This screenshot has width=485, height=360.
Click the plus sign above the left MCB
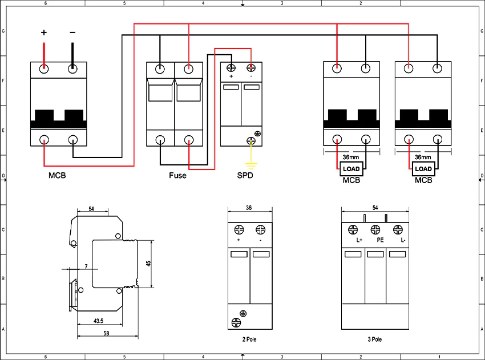click(x=44, y=32)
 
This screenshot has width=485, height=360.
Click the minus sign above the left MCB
click(x=72, y=32)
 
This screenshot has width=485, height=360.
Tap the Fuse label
click(x=177, y=175)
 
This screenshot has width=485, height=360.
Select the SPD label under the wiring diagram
click(x=245, y=175)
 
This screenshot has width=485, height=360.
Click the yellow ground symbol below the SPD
click(x=251, y=166)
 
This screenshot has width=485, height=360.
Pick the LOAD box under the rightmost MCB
click(x=423, y=169)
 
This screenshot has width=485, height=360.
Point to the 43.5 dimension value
click(x=98, y=321)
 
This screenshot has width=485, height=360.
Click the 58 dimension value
click(x=106, y=333)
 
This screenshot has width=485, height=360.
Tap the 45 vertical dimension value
click(x=148, y=264)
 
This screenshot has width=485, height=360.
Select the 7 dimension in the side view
click(x=86, y=266)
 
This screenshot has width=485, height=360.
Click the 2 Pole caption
click(x=249, y=339)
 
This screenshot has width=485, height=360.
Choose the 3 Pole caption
click(x=374, y=339)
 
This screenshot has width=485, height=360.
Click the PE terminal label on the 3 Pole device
click(x=380, y=240)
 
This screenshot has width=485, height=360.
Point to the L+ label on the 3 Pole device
click(x=359, y=240)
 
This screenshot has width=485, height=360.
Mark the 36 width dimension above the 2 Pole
click(x=249, y=208)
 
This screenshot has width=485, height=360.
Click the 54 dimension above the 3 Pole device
click(x=375, y=208)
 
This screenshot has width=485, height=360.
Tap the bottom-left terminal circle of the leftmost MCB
click(x=45, y=139)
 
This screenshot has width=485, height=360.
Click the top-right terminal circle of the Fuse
click(x=189, y=68)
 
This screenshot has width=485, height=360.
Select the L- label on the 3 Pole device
click(x=403, y=240)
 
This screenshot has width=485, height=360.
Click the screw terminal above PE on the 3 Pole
click(x=375, y=229)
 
